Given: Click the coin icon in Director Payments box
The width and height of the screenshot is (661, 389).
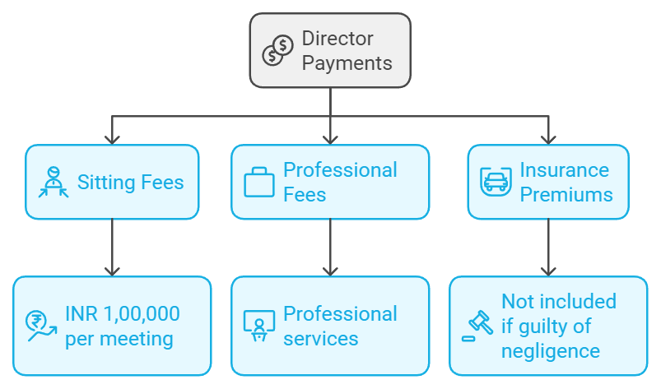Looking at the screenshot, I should (278, 50).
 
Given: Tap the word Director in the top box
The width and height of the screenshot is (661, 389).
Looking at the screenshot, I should (337, 38).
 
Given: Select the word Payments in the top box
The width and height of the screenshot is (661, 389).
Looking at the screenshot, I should (347, 63).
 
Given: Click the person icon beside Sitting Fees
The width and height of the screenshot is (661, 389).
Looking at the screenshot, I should (54, 183).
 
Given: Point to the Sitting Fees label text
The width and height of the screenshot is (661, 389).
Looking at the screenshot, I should (130, 182).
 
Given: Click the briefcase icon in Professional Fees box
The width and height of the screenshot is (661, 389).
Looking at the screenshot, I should (259, 182).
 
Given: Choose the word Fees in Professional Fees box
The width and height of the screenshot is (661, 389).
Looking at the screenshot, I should (305, 195).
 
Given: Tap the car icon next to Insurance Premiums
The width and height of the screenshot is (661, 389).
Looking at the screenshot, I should (496, 182).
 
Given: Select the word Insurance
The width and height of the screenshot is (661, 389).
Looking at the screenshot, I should (565, 170).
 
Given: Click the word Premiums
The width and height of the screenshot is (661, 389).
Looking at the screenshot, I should (566, 195).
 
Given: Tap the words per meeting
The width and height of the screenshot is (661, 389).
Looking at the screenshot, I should (119, 338).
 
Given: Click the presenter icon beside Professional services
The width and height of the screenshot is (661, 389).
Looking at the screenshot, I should (259, 326).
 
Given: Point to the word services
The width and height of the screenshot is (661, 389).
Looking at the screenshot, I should (321, 338).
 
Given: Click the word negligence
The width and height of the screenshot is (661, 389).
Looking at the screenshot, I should (551, 351).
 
